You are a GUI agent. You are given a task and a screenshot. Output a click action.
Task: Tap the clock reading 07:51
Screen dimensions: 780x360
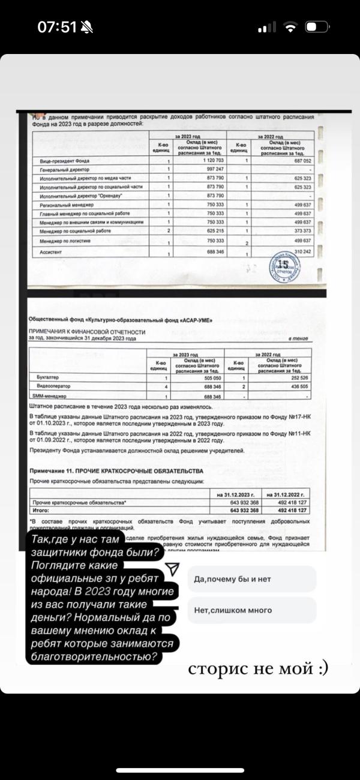(x=57, y=27)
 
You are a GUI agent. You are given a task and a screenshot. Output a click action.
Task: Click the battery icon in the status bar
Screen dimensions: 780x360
(x=318, y=28)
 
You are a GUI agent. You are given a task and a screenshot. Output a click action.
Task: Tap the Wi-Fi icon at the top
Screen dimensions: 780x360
(x=291, y=28)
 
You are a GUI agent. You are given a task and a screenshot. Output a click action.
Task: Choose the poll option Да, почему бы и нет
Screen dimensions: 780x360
(x=251, y=580)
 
